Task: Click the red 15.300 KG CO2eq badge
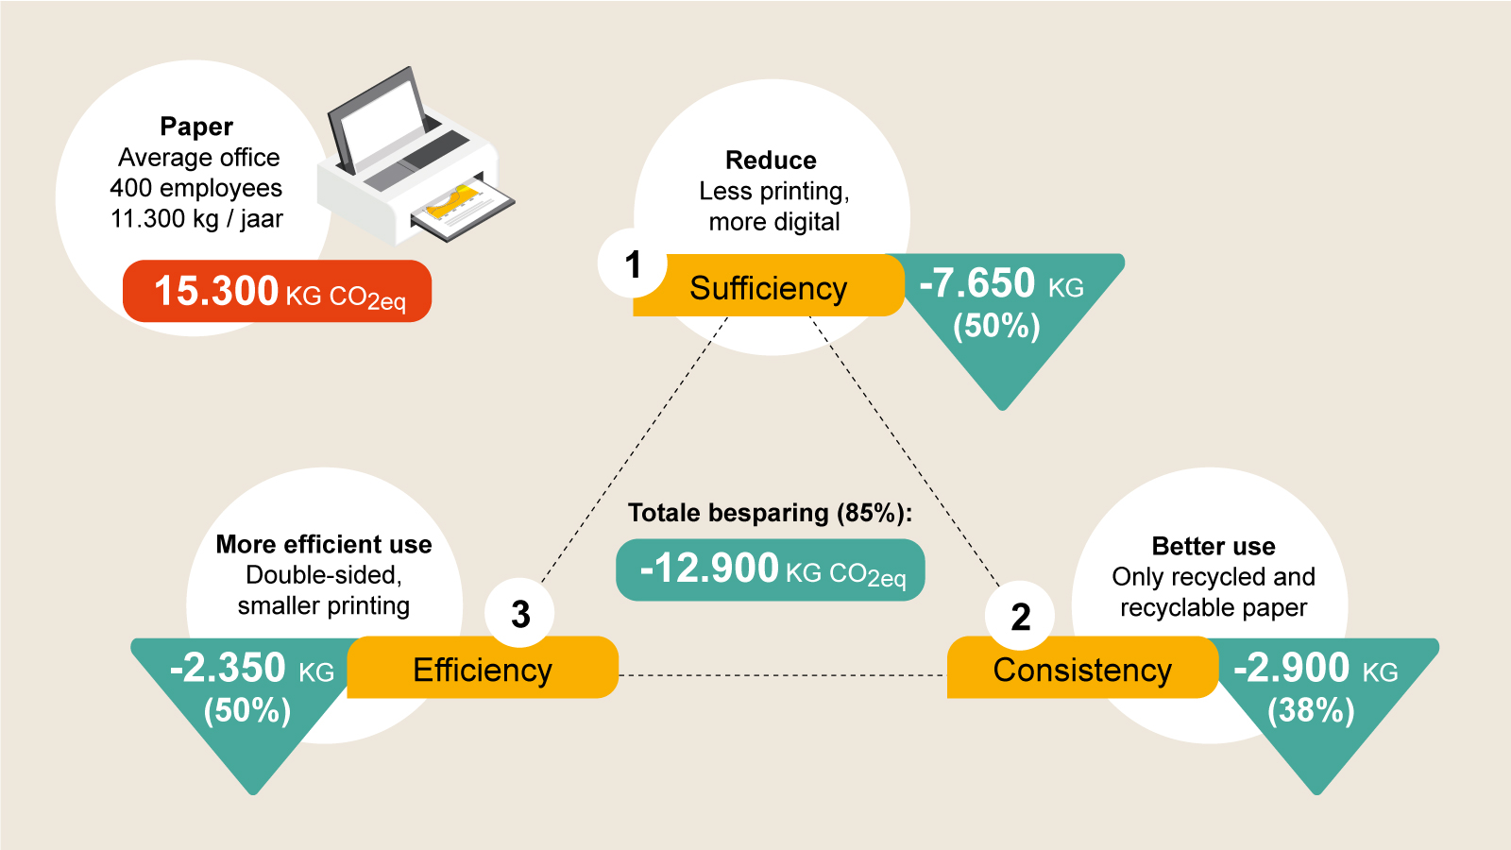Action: point(278,291)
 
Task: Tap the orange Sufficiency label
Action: point(769,285)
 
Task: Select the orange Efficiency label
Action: point(483,667)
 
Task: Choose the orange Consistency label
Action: point(1082,667)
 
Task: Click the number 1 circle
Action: point(632,263)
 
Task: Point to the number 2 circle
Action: point(1019,616)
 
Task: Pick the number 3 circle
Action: point(519,614)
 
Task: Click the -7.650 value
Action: point(976,282)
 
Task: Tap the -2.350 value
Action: point(228,668)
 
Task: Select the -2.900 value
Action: point(1291,668)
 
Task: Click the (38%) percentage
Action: point(1311,710)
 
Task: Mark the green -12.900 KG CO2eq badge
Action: point(771,570)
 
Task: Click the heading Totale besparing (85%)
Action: point(770,514)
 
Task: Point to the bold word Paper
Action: point(196,127)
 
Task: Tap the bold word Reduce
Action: point(771,161)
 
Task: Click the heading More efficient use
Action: point(324,544)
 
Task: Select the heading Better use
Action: point(1214,546)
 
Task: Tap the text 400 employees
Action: point(196,188)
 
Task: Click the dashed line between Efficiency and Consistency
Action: point(783,674)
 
